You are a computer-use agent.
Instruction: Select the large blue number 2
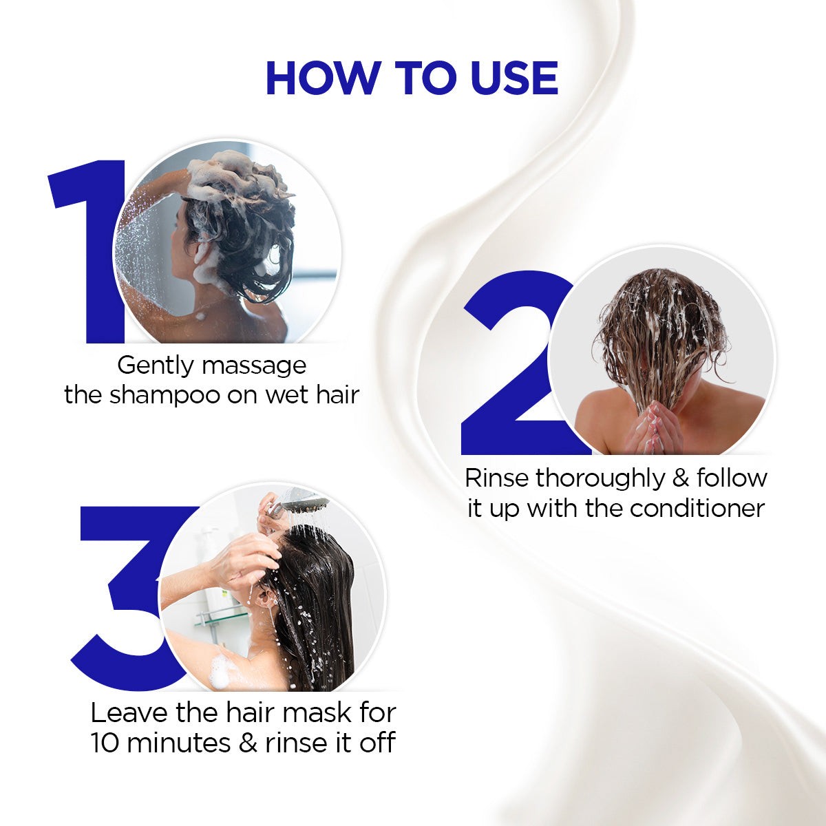coord(514,362)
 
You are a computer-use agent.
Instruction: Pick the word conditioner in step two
coord(697,509)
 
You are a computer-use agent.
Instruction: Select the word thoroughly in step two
coord(600,479)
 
